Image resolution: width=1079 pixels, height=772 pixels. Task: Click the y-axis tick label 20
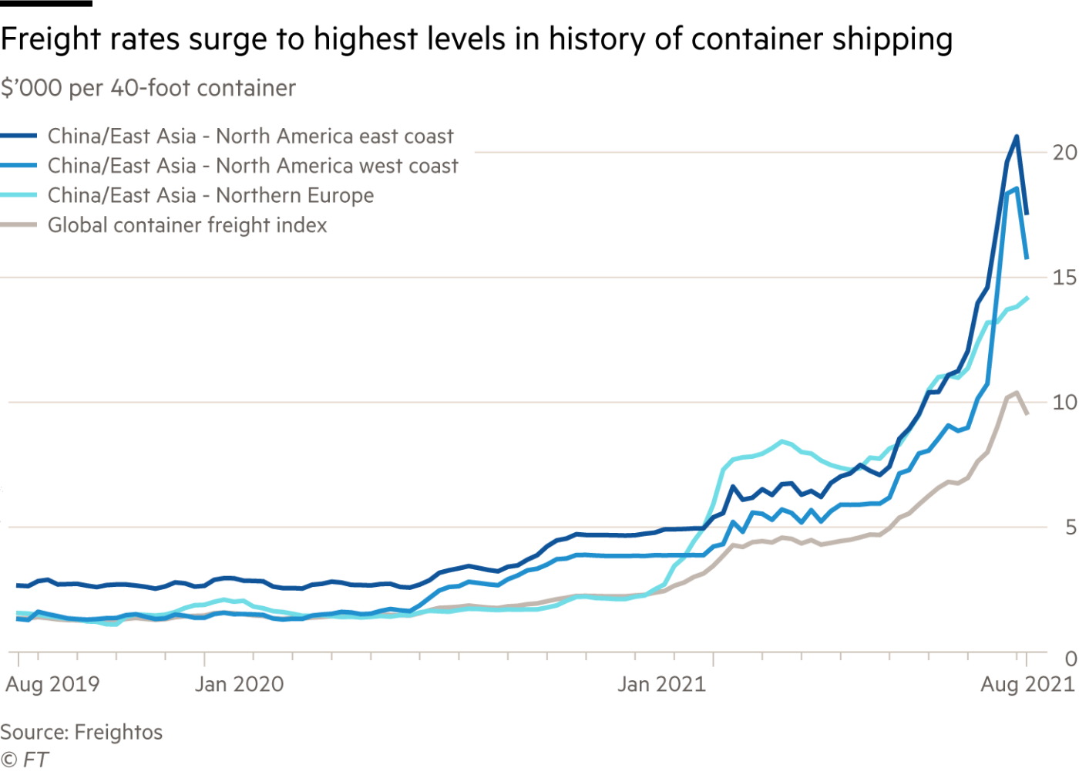(1064, 153)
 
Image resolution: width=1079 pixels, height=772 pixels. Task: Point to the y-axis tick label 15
(1064, 278)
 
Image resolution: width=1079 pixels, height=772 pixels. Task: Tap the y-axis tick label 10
(1064, 403)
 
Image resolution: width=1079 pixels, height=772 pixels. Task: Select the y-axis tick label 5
(1071, 528)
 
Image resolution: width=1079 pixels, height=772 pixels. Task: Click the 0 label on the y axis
(1071, 659)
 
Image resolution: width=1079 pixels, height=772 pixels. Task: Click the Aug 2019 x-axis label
(52, 685)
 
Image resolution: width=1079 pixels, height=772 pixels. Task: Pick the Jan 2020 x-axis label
(239, 685)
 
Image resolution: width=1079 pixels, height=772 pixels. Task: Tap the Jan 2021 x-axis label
(661, 685)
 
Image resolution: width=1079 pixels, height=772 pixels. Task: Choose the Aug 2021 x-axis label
(1027, 685)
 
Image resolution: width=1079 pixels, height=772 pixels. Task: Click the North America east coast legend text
(250, 137)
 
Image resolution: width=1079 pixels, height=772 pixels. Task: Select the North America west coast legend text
(253, 166)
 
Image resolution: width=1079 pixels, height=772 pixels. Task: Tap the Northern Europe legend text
(210, 196)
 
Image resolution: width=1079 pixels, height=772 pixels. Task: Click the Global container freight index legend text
(188, 226)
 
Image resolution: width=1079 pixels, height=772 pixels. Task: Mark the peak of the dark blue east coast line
(1017, 137)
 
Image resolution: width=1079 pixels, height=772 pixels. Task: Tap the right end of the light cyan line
(1028, 296)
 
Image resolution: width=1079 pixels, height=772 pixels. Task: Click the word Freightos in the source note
(118, 732)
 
